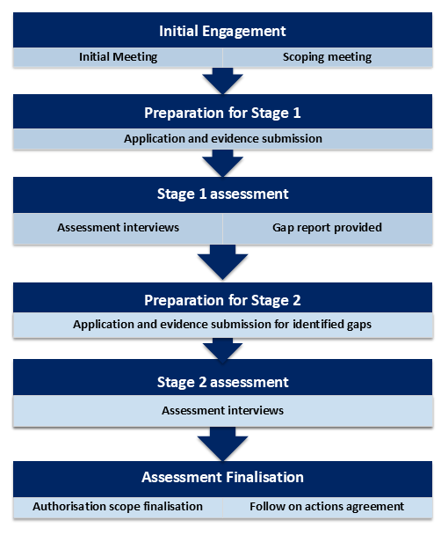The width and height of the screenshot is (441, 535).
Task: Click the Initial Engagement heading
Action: click(222, 31)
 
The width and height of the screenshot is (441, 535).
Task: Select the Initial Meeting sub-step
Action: click(117, 57)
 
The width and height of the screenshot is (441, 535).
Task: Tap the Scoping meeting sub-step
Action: click(327, 57)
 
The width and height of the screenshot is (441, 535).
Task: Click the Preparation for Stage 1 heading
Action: click(222, 113)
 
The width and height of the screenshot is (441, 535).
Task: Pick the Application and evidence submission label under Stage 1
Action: click(222, 138)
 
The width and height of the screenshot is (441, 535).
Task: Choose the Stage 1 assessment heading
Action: click(222, 194)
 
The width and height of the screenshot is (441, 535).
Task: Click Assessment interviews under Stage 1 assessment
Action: click(118, 227)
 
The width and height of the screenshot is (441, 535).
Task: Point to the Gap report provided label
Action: click(327, 227)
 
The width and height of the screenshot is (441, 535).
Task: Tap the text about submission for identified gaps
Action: click(222, 324)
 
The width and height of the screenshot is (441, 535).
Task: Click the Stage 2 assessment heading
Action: click(222, 382)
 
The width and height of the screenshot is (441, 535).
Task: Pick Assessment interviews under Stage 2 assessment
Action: click(222, 410)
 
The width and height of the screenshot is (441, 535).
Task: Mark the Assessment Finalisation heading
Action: click(222, 477)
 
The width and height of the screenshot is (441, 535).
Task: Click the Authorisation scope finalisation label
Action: click(118, 506)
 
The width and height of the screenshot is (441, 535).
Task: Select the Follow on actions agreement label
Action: click(327, 506)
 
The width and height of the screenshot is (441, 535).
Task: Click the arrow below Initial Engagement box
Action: click(222, 81)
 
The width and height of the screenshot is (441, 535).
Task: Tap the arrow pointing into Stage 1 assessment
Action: click(222, 163)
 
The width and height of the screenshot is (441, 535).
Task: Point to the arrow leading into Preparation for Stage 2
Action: click(222, 260)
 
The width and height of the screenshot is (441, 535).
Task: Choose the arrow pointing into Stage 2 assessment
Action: click(222, 351)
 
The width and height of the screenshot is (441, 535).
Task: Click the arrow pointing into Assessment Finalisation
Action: click(222, 443)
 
